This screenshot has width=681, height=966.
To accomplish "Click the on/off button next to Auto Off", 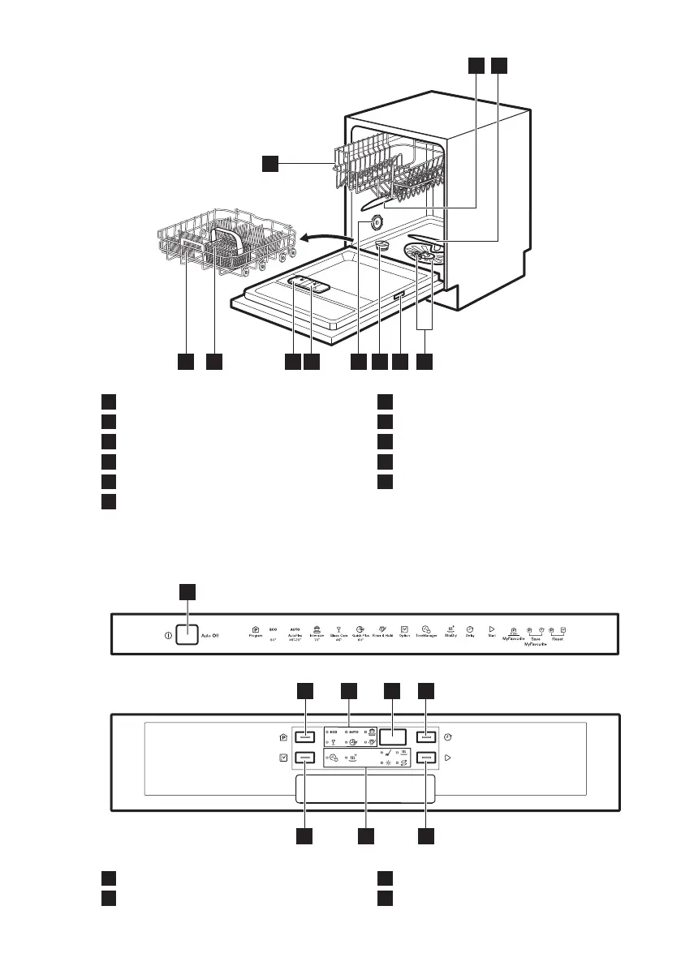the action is pos(187,636).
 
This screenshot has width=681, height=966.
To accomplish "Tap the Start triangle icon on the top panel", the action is pos(491,628).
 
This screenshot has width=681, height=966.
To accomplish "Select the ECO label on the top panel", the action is pos(272,629).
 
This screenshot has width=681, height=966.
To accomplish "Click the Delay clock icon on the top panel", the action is pos(470,628).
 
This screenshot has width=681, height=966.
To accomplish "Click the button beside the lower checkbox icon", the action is pos(305,758).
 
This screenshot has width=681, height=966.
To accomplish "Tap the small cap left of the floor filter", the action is pos(382,244).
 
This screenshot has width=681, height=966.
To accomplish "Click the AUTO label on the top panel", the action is pos(295,629).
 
